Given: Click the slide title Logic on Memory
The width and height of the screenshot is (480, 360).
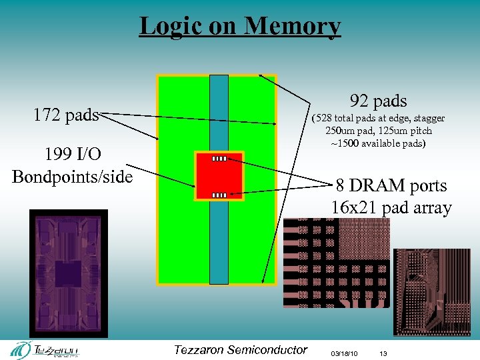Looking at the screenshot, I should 240,26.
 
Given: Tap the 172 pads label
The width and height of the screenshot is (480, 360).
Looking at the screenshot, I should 66,115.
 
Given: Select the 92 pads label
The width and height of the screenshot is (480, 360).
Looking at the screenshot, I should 378,101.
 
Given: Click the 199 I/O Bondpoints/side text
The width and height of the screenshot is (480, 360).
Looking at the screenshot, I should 72,165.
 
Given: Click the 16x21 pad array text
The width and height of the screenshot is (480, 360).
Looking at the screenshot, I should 391,207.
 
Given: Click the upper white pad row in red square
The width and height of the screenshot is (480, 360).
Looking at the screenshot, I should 219,159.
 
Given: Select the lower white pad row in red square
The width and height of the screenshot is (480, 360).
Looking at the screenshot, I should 219,195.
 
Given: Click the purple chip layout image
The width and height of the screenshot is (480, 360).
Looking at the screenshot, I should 68,273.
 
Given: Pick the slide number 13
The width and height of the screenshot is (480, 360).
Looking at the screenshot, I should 383,352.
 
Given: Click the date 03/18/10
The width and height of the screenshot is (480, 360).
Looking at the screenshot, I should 344,352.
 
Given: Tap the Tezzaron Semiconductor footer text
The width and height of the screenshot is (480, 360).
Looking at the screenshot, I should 240,350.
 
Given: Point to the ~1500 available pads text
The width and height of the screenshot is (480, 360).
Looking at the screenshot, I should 378,143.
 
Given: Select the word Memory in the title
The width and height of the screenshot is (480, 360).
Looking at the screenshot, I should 293,26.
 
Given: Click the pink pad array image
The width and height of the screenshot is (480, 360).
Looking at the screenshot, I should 337,263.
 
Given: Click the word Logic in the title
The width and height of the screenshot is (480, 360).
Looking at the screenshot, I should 167,26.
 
